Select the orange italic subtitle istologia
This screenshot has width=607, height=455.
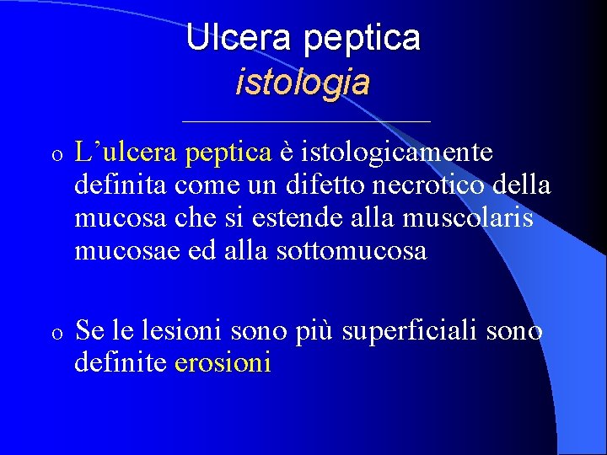point(303,82)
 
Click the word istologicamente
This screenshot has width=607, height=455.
point(397,153)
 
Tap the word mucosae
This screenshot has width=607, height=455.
point(124,250)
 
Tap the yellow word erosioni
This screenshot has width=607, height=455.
point(223,363)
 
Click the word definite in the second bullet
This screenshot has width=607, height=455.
point(121,363)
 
